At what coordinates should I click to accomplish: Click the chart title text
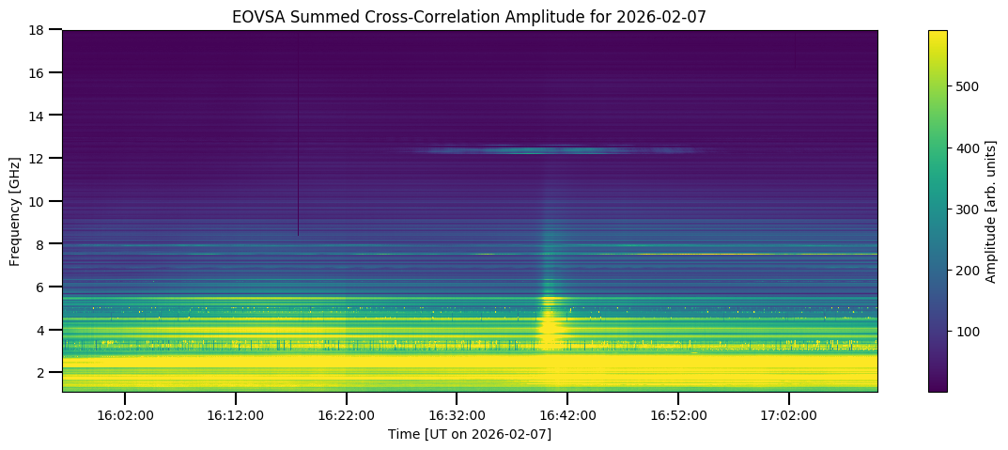[470, 16]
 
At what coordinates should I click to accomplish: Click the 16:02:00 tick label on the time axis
[125, 414]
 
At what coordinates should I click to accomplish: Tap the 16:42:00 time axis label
[567, 414]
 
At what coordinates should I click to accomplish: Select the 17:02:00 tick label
[789, 414]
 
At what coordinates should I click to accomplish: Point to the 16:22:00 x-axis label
[347, 414]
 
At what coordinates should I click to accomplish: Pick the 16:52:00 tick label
[678, 414]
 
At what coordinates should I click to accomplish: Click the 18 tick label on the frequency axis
[42, 30]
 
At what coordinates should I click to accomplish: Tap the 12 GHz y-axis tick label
[42, 159]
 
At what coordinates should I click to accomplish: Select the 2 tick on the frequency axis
[45, 373]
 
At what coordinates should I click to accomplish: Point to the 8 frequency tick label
[45, 244]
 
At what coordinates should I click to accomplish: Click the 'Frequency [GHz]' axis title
[16, 210]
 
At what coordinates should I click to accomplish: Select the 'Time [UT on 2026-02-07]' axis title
[470, 434]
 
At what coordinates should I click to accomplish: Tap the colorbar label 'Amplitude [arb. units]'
[990, 210]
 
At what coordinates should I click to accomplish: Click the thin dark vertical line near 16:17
[298, 141]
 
